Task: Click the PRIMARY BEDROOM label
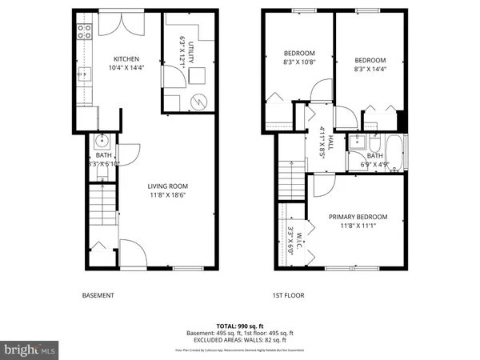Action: point(358,217)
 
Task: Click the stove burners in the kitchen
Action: point(82,33)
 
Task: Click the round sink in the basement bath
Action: point(102,142)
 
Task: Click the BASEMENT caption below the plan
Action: point(98,295)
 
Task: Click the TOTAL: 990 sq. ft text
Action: point(240,326)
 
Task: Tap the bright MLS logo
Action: point(30,350)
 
